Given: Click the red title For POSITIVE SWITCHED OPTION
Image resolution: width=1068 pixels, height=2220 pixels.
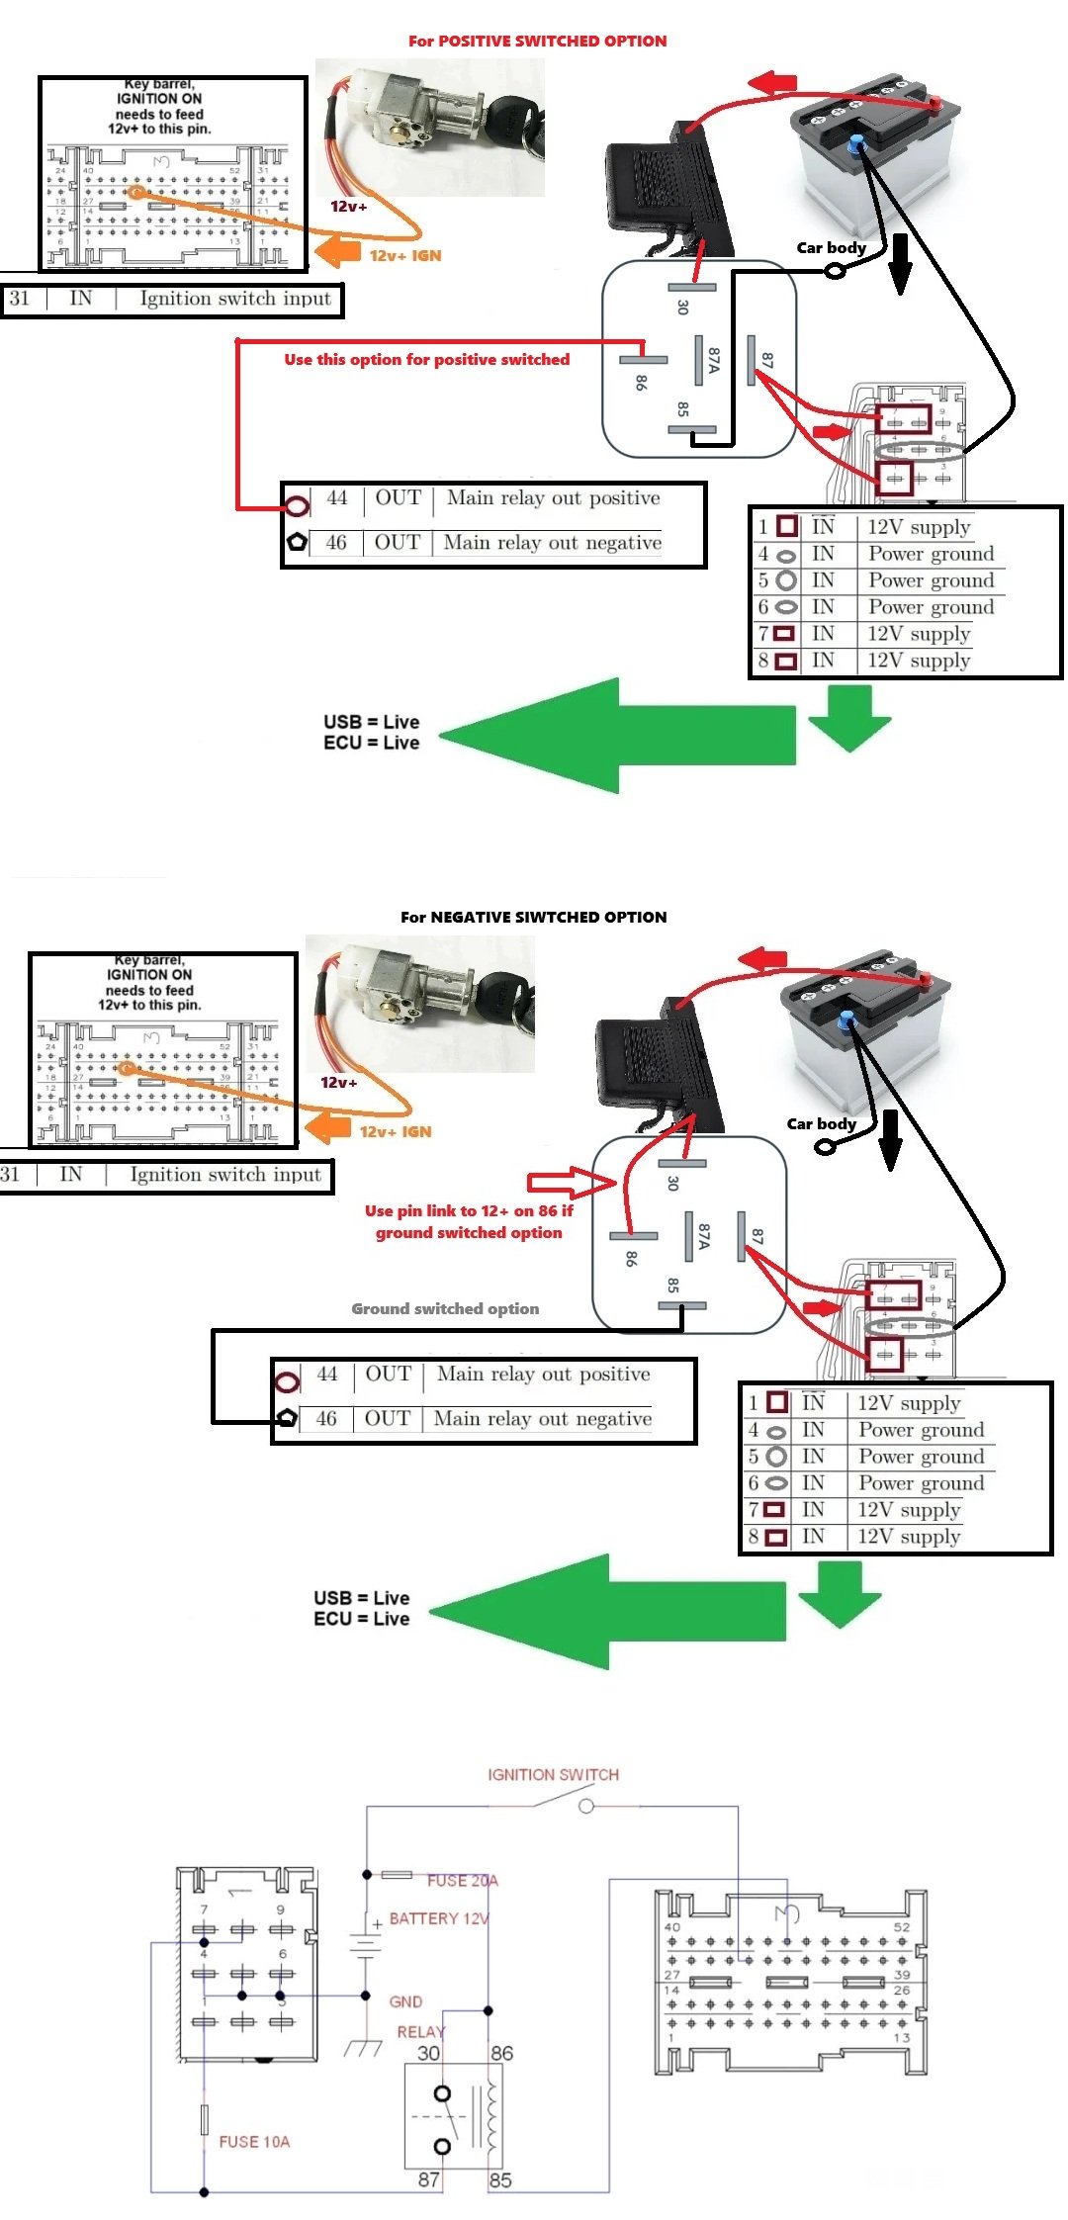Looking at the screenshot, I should click(x=537, y=42).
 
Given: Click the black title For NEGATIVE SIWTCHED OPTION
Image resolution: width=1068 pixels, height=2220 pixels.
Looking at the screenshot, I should click(x=533, y=918).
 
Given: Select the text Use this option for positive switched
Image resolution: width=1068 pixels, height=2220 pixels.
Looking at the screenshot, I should click(x=426, y=360).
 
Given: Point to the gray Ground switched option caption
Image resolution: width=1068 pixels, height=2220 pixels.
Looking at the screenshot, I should click(x=445, y=1309).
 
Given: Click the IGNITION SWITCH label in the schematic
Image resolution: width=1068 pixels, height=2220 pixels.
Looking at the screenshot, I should click(x=553, y=1775).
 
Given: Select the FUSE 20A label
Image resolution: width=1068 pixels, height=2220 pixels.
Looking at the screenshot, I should click(x=462, y=1881).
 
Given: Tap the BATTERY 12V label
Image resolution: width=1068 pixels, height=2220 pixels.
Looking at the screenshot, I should click(x=439, y=1918).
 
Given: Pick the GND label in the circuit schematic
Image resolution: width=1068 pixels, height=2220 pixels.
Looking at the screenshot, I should click(x=405, y=2001).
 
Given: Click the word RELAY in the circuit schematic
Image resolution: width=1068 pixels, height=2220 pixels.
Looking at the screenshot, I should click(x=420, y=2032).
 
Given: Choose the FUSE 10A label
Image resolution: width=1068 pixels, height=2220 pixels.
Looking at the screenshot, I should click(x=254, y=2142).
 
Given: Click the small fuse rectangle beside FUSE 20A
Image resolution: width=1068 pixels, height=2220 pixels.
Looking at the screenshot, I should click(x=397, y=1875).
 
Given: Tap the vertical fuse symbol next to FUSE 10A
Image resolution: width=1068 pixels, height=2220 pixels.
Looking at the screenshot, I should click(x=205, y=2120).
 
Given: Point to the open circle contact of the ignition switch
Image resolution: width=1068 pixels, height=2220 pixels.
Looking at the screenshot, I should click(x=586, y=1807).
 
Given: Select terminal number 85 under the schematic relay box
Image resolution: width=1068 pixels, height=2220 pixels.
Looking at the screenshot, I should click(x=500, y=2180).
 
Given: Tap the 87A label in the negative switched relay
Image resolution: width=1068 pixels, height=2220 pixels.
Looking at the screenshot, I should click(x=703, y=1236).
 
